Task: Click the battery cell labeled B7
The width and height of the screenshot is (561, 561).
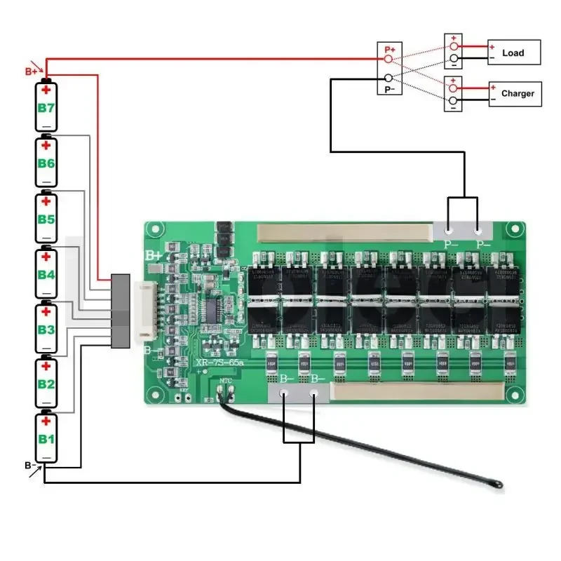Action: [46, 107]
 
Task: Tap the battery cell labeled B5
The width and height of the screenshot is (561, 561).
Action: [46, 218]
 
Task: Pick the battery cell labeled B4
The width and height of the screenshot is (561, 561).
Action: [46, 273]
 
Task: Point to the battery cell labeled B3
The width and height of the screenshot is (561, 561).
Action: [46, 328]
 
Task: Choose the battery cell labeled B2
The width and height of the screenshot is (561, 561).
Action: [46, 383]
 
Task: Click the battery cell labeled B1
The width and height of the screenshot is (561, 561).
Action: [46, 438]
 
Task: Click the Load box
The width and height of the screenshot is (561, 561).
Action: [514, 53]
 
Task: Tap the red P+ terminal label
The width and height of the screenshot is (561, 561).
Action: [390, 50]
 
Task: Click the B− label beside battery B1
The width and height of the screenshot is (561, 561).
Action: [30, 465]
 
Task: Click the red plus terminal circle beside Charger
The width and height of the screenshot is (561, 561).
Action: [453, 88]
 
